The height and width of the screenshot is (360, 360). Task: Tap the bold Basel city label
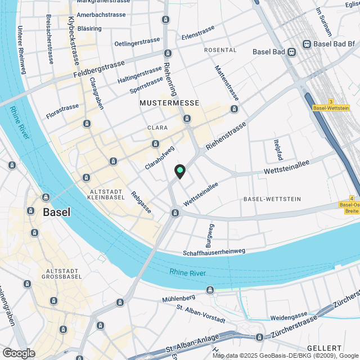click(57, 212)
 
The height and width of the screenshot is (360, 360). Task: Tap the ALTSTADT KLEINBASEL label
click(111, 195)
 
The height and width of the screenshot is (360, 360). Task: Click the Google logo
click(18, 353)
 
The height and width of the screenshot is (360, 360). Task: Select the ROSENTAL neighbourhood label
click(220, 50)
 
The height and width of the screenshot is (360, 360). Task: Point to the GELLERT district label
click(326, 349)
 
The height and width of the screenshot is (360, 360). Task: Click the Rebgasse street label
click(141, 202)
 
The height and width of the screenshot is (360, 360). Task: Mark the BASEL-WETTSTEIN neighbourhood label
click(273, 199)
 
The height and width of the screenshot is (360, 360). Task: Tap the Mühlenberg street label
click(178, 297)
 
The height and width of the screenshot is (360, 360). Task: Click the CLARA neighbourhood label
click(157, 128)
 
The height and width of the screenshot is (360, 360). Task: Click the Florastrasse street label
click(63, 107)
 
